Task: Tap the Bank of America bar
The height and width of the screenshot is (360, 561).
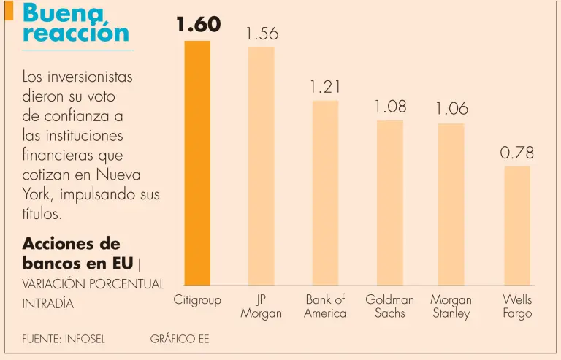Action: [x=325, y=193]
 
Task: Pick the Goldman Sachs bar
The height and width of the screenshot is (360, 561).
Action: [x=389, y=202]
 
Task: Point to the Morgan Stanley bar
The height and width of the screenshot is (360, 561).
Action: [x=451, y=204]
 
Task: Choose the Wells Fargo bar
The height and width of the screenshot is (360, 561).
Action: [x=517, y=226]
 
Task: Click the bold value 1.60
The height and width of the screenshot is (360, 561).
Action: [x=198, y=25]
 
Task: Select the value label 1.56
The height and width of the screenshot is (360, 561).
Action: [x=262, y=34]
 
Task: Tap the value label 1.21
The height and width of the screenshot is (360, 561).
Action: [x=325, y=88]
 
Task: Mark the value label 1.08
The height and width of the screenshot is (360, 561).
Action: [x=390, y=107]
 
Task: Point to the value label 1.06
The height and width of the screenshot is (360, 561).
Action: [x=451, y=110]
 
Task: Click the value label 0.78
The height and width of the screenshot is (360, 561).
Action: [x=517, y=153]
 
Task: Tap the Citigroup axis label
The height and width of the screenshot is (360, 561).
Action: [x=197, y=300]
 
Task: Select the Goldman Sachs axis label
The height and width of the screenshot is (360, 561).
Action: [x=389, y=307]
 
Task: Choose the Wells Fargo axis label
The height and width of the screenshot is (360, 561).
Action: [x=517, y=307]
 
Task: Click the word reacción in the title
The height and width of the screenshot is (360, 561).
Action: [x=76, y=33]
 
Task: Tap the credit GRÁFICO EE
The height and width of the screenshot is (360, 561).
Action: [x=180, y=340]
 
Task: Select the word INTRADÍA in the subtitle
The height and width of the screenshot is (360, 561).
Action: [x=48, y=303]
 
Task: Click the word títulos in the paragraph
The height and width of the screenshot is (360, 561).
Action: [x=43, y=215]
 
